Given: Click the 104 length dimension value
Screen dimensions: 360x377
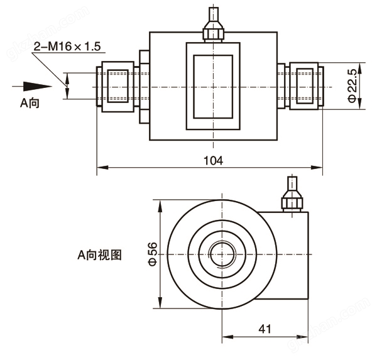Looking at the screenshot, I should click(214, 160).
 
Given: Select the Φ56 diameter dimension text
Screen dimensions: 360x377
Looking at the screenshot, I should click(151, 254).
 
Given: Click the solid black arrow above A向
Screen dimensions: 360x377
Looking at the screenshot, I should click(31, 85).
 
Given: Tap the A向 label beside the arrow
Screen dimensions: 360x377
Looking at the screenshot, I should click(30, 103).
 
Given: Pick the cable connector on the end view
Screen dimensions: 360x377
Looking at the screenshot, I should click(292, 196).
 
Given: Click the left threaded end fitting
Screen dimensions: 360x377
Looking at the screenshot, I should click(114, 86).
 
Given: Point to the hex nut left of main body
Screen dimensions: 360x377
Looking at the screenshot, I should click(143, 86).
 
